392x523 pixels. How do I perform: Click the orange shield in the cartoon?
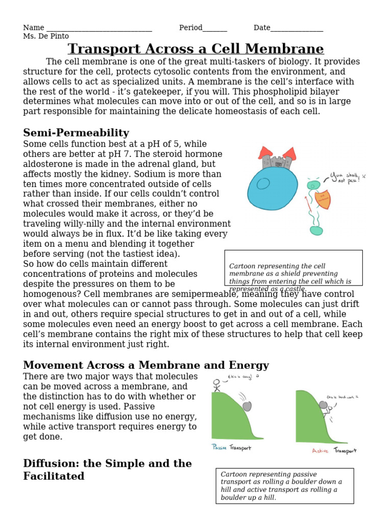tap(323, 200)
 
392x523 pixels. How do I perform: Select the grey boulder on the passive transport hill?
tap(247, 406)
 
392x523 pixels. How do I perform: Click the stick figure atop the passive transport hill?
tap(217, 384)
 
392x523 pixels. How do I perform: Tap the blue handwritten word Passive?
tap(219, 448)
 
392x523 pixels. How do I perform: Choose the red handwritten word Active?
tap(321, 451)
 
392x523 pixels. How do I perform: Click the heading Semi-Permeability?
tap(76, 133)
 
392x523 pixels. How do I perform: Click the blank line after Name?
tap(99, 28)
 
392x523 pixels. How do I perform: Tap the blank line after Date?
tap(297, 28)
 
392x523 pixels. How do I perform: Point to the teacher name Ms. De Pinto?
tap(46, 36)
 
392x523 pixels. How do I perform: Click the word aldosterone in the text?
tap(48, 164)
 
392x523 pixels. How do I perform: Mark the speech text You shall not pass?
tap(347, 178)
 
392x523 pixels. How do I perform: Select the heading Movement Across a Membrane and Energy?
tap(146, 365)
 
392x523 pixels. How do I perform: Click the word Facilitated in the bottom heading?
tap(54, 476)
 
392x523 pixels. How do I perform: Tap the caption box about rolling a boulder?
tap(284, 486)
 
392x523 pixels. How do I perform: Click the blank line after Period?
tap(215, 28)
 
